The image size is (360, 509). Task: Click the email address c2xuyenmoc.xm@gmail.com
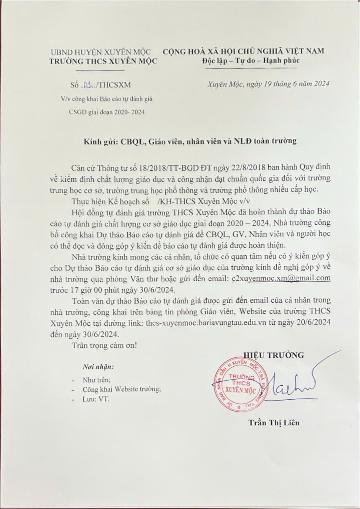tap(281, 278)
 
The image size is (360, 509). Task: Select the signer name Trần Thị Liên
tap(274, 422)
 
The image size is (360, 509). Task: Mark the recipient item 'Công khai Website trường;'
tap(121, 389)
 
